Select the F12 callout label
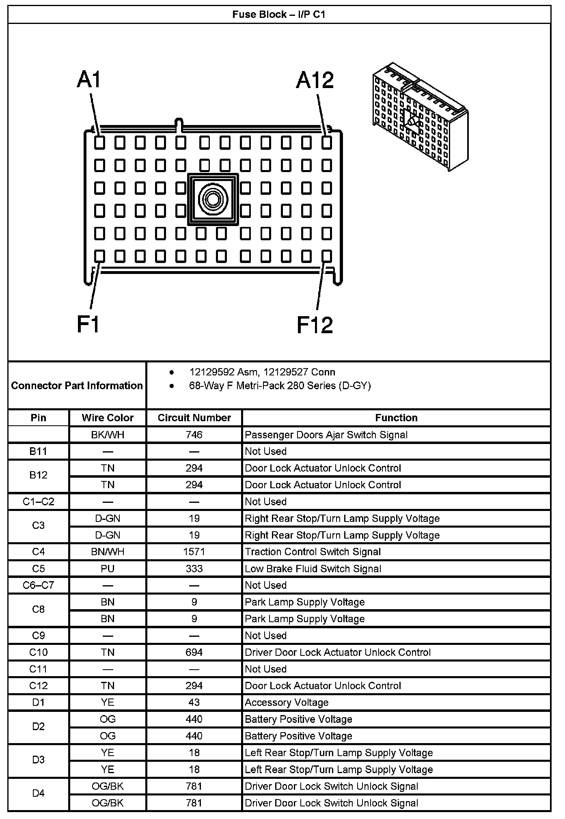315,325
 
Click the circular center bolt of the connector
213,199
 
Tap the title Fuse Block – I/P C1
279,15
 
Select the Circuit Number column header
194,418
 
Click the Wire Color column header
108,418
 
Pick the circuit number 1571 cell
194,552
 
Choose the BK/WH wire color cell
108,435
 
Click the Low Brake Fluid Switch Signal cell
313,569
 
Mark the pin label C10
39,652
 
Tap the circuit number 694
194,652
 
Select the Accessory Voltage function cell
287,703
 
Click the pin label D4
39,795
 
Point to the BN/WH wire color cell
108,552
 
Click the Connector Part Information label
77,386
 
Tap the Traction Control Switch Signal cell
313,552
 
